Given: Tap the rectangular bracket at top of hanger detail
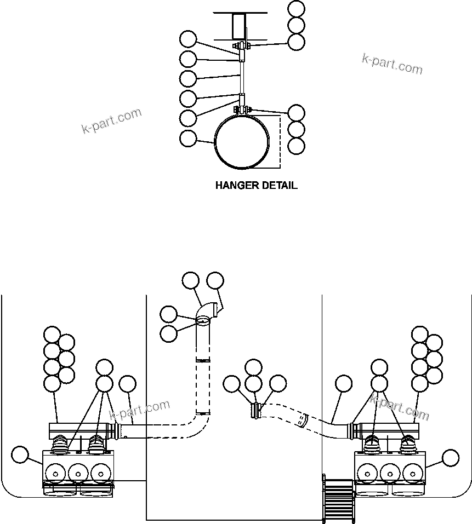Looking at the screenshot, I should click(x=240, y=26).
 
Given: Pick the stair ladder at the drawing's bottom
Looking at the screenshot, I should click(x=338, y=499).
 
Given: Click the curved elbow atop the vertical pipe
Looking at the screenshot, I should click(x=208, y=312).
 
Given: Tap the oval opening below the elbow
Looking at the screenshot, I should click(x=203, y=321).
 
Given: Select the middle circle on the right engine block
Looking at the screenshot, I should click(x=390, y=470).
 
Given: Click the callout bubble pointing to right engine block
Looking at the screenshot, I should click(x=451, y=457).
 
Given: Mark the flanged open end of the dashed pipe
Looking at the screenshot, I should click(x=255, y=411).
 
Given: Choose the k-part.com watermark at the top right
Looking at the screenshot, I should click(x=392, y=64).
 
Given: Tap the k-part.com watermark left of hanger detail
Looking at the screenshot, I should click(x=111, y=121).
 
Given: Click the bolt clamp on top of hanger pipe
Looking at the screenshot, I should click(x=242, y=111).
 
